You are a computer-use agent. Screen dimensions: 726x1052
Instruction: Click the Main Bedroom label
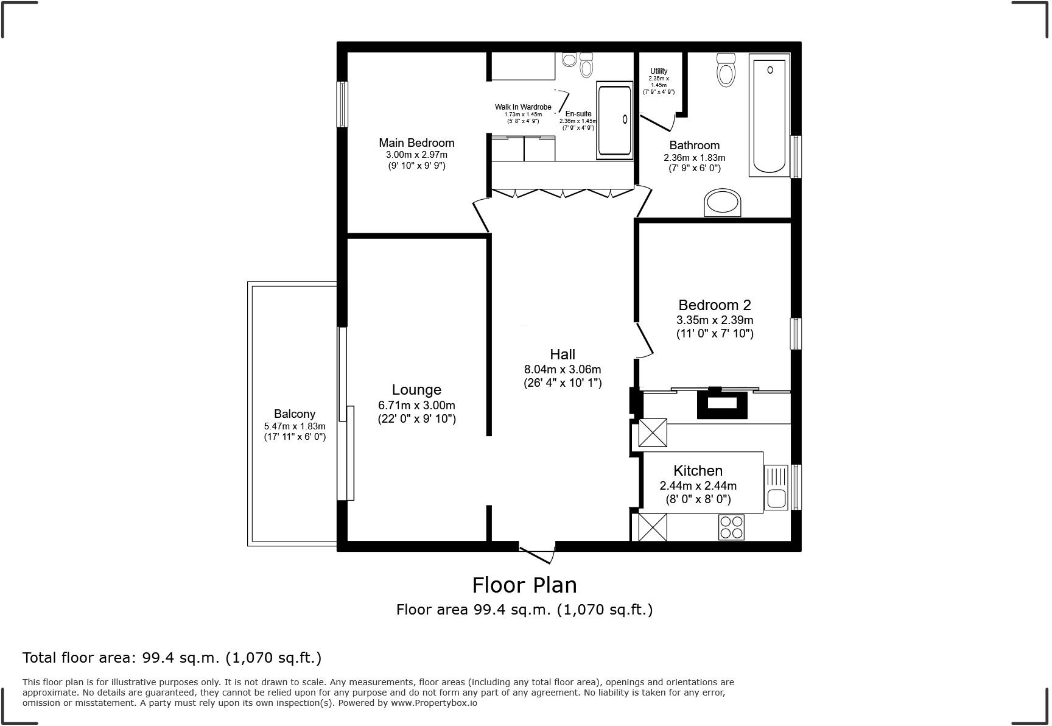pos(416,143)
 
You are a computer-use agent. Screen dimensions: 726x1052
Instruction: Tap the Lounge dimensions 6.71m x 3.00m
pos(416,405)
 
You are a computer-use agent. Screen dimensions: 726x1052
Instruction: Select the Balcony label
pos(294,414)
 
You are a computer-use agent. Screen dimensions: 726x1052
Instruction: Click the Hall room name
pos(562,354)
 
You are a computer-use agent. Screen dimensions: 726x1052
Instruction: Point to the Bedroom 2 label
pos(715,305)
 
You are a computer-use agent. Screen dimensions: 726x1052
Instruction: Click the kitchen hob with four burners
pos(731,527)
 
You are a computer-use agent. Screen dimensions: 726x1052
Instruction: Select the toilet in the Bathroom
pos(726,70)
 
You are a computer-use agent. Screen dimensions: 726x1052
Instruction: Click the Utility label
pos(658,71)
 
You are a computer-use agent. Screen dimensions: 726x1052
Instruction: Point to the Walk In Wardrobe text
pos(523,107)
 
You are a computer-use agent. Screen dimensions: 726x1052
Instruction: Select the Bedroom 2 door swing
pos(644,340)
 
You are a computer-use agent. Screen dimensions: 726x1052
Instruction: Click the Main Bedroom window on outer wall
pos(343,104)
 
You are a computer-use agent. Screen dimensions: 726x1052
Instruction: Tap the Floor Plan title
pos(524,585)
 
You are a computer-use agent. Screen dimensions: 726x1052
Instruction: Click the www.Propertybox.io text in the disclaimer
pos(434,703)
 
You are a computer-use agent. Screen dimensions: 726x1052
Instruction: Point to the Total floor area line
pos(172,657)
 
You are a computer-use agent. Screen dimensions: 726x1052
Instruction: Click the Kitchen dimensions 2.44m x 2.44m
pos(698,485)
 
